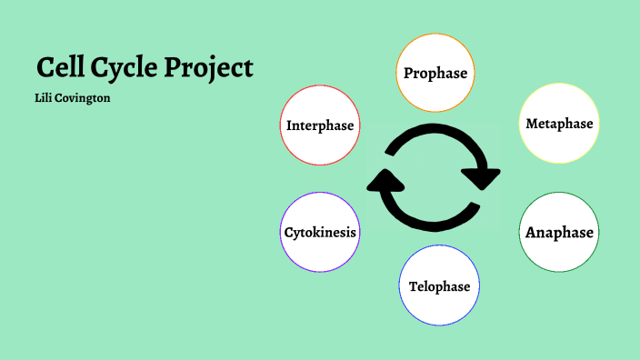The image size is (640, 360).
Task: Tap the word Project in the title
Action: [211, 68]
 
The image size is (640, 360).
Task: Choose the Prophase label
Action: [435, 73]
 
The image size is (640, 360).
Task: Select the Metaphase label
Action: [559, 123]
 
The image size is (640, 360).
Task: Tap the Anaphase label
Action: [559, 232]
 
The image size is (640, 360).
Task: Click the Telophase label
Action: [439, 286]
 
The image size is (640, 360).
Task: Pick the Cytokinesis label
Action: [320, 232]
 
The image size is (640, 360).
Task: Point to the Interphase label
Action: [320, 125]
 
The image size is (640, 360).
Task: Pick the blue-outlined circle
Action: [439, 309]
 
